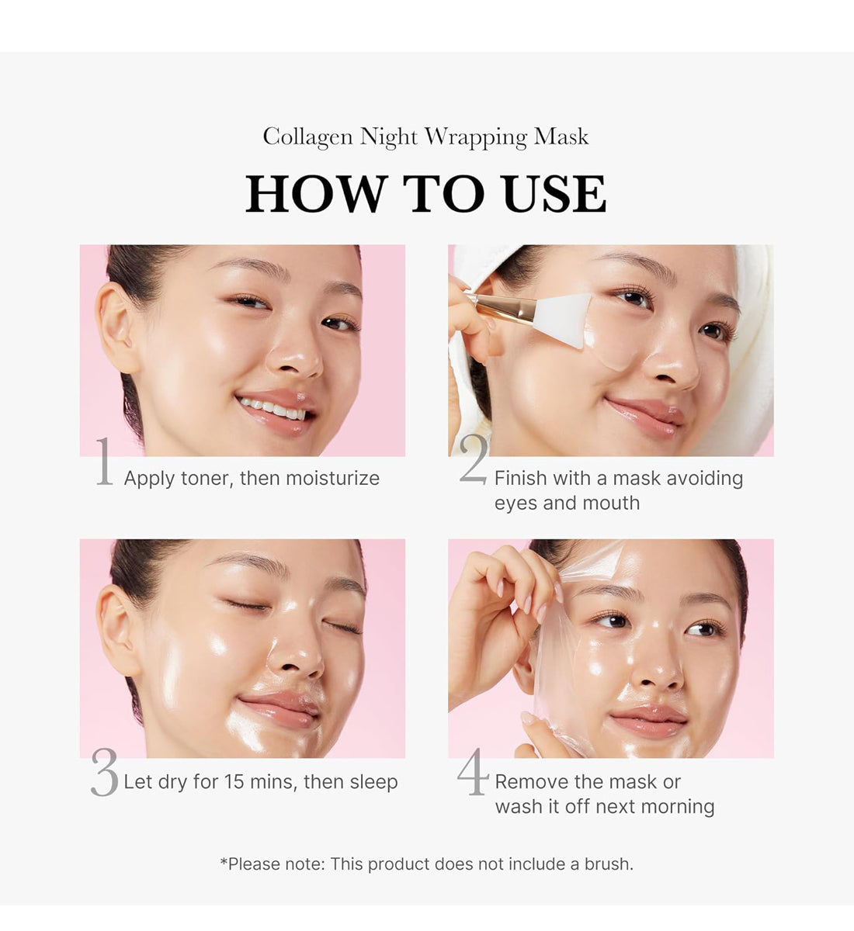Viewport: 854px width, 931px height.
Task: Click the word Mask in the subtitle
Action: click(561, 136)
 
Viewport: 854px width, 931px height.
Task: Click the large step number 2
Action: click(473, 459)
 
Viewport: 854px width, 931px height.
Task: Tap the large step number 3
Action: click(104, 772)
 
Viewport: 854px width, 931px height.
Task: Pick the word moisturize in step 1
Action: click(333, 478)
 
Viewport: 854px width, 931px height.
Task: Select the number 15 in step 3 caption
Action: click(234, 782)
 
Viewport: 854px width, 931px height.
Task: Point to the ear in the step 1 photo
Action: click(116, 327)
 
